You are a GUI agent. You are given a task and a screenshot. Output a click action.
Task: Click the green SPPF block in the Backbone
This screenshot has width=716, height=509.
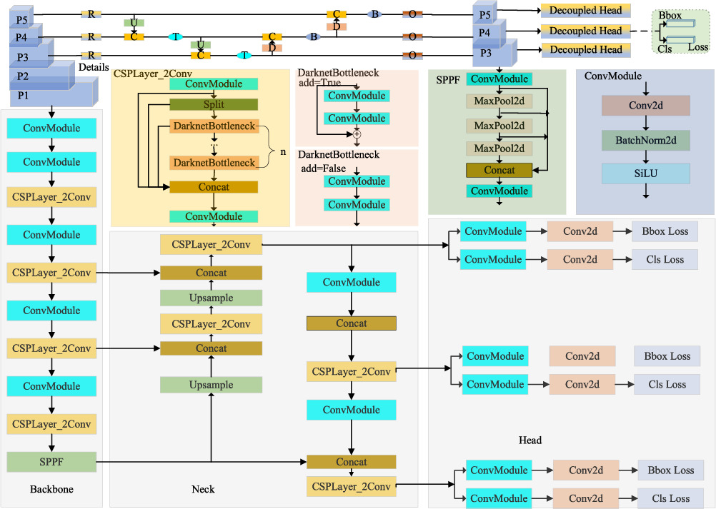pos(51,462)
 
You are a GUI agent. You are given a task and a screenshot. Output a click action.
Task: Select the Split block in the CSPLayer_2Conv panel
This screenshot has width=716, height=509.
pos(213,104)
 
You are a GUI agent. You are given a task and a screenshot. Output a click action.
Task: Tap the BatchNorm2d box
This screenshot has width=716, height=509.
pos(645,141)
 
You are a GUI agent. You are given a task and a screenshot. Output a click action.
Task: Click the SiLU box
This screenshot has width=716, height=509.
pos(645,174)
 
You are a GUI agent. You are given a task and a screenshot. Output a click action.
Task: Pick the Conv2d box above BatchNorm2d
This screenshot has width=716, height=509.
pos(645,106)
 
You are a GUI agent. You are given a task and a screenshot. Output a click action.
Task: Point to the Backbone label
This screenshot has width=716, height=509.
pos(51,489)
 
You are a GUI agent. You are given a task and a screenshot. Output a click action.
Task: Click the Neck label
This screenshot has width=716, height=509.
pos(203,489)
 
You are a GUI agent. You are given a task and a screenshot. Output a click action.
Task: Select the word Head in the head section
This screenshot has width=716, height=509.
pos(530,440)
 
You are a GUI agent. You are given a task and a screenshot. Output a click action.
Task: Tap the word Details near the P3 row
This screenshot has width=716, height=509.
pos(94,66)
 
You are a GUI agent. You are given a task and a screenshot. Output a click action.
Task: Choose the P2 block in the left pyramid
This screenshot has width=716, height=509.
pos(24,76)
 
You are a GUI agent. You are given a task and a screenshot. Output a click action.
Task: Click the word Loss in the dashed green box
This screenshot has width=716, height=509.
pos(697,47)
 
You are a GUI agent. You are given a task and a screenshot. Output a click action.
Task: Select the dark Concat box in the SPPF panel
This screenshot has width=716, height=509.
pos(499,170)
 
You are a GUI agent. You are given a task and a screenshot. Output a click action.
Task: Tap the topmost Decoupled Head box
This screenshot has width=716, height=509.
pos(585,11)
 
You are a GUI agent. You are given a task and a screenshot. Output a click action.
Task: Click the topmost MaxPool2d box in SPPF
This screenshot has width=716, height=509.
pos(499,101)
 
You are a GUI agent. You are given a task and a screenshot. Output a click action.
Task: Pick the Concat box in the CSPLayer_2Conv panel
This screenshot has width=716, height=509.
pos(213,187)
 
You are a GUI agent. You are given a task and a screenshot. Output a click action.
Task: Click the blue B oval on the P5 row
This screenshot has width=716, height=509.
pos(374,14)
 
